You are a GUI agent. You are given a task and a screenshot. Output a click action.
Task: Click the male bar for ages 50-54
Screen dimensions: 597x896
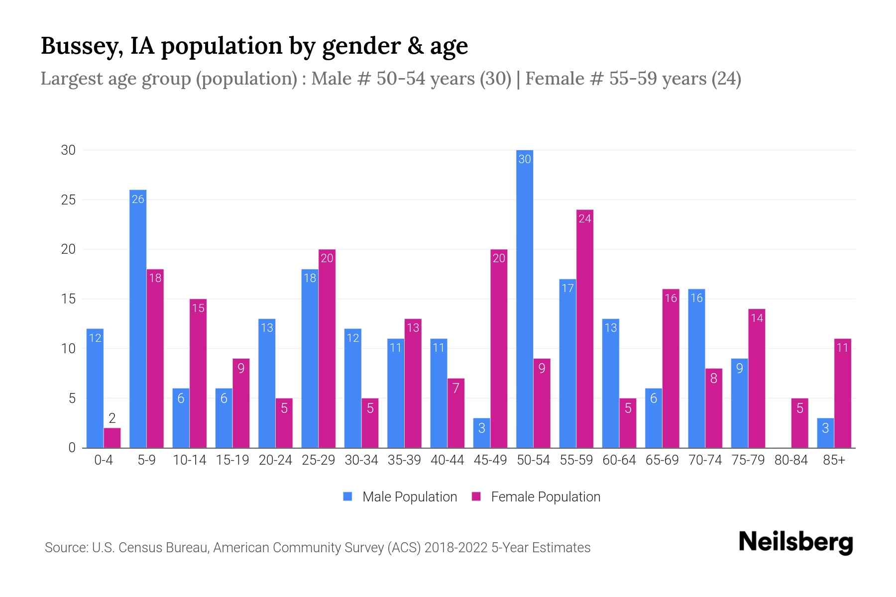(x=525, y=298)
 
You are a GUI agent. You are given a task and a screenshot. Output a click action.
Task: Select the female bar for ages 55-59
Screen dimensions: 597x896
(x=585, y=328)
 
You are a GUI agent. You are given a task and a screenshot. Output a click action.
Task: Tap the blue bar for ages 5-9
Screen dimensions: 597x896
(x=138, y=318)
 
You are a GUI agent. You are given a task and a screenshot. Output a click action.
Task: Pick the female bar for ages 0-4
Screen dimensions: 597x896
(x=112, y=438)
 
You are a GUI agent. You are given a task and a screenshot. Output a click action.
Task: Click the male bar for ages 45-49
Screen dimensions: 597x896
(x=482, y=433)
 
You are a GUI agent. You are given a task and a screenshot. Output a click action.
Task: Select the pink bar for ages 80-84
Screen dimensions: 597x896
(x=799, y=423)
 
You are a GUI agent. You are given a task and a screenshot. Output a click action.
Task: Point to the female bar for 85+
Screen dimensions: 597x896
(x=842, y=393)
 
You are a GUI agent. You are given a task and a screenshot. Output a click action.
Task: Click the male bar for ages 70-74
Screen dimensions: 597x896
(x=696, y=368)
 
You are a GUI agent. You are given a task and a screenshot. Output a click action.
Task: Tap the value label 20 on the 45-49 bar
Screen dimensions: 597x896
(x=499, y=258)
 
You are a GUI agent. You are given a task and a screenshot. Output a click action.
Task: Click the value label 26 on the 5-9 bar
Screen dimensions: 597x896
(x=138, y=199)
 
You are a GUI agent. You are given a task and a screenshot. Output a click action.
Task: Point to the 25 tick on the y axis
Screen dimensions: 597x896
(x=68, y=200)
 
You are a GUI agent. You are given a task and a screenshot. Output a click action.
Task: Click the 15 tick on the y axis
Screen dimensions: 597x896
(x=68, y=299)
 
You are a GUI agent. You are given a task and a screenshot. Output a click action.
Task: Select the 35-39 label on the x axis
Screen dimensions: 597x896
(x=404, y=460)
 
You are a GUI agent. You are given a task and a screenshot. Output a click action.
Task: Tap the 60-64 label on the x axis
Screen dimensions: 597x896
(x=619, y=460)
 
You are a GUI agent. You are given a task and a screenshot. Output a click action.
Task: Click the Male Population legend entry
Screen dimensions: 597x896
(x=400, y=497)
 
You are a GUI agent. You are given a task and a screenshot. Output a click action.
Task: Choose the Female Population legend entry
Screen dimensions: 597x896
(x=537, y=497)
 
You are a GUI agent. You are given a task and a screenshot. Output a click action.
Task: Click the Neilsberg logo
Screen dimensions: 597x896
(x=795, y=542)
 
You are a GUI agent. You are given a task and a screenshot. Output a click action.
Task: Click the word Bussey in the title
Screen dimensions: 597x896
(x=82, y=46)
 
